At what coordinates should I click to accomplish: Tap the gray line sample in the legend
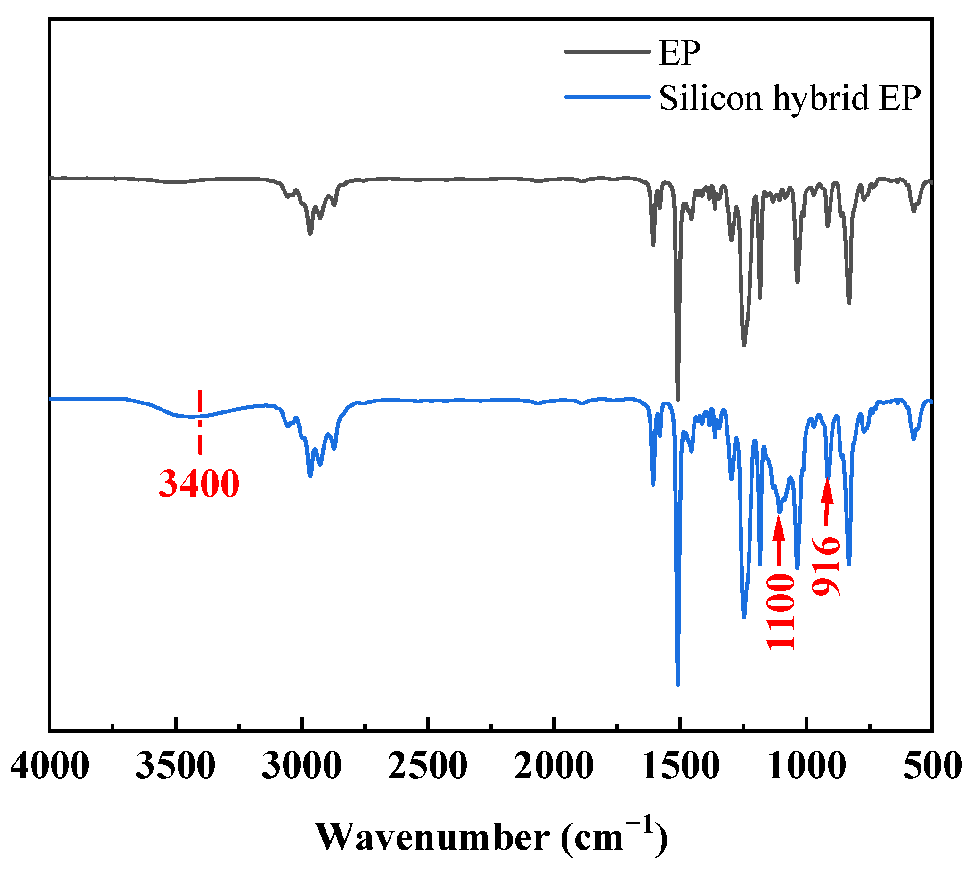pos(607,51)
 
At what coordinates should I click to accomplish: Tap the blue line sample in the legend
pos(607,97)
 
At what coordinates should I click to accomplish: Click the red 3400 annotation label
pos(199,484)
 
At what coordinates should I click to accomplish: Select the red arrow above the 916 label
pos(827,503)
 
